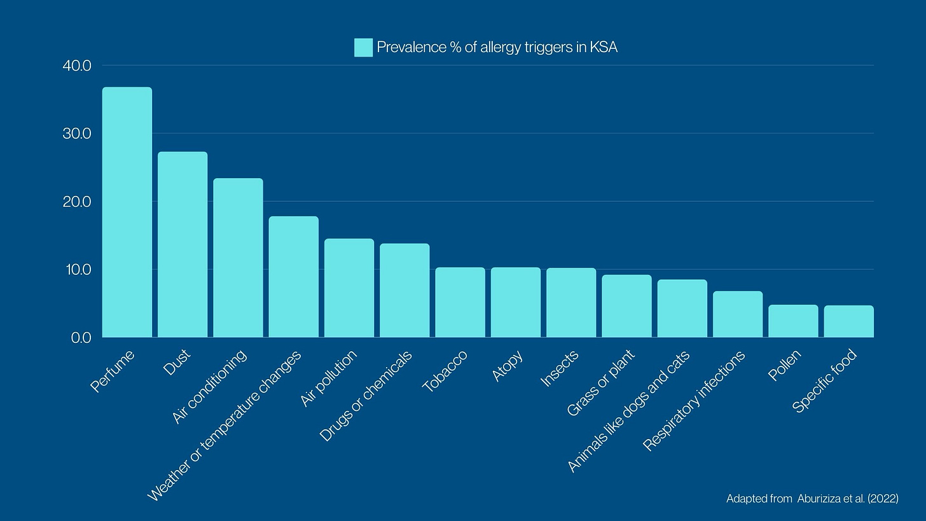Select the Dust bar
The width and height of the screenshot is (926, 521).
pos(183,244)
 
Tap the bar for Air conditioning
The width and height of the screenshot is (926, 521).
pos(238,258)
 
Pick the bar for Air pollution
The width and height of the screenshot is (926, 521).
pos(349,288)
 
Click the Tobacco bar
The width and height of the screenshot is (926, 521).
pos(460,302)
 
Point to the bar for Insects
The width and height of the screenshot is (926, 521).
pos(571,302)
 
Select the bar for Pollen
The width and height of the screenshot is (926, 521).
pos(793,321)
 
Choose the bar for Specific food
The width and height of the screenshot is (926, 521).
pos(848,321)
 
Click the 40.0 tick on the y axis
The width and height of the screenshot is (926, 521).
pos(78,66)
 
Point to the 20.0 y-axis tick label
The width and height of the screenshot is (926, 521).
pos(78,202)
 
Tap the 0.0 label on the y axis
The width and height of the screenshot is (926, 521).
pos(81,338)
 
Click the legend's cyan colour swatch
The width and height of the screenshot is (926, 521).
pos(363,48)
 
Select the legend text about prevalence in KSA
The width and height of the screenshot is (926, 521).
pos(497,48)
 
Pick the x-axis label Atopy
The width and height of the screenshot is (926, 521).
pos(508,366)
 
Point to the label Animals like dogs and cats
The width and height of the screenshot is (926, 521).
pos(628,411)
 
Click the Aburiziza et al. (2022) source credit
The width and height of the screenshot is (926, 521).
pos(812,499)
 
